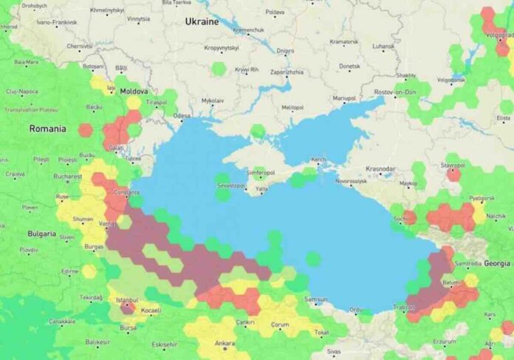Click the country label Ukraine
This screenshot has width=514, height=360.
[202, 21]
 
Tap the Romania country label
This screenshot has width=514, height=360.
[47, 129]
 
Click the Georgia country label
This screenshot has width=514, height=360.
[497, 263]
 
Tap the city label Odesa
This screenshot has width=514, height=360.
[182, 116]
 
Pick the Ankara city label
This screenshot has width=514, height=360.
[224, 344]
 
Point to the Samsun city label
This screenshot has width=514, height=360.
[315, 299]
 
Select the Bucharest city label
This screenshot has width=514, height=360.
[67, 177]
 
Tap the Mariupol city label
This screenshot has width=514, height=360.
[344, 98]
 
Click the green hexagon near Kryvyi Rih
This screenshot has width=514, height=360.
[219, 69]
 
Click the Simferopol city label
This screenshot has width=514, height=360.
[260, 172]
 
